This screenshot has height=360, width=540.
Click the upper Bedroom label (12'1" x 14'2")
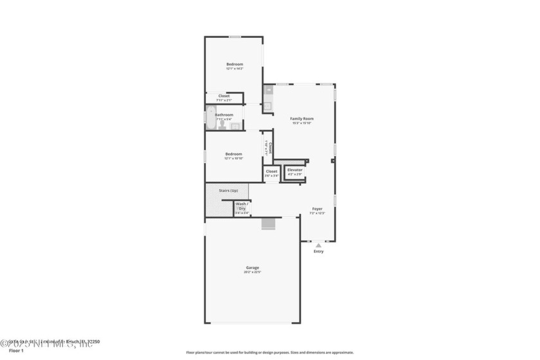click(x=234, y=64)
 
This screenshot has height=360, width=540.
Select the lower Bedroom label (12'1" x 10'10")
click(x=233, y=154)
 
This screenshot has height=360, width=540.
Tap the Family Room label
click(x=301, y=118)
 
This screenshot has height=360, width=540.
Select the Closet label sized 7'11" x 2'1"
click(x=224, y=96)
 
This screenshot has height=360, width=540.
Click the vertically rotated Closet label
click(x=271, y=148)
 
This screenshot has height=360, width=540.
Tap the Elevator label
click(x=294, y=170)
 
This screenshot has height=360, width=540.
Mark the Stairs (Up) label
click(x=228, y=190)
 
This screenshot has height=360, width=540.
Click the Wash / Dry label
click(x=242, y=206)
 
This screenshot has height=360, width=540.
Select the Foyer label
click(x=317, y=209)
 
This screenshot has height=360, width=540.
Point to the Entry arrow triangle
click(x=318, y=245)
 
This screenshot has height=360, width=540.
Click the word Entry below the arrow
click(x=318, y=251)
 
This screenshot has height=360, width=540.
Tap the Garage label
click(x=252, y=267)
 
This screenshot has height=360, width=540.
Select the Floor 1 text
click(x=16, y=351)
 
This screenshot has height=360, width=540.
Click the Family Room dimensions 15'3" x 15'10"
click(x=301, y=123)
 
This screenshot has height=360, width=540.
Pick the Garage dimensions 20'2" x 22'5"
click(x=252, y=272)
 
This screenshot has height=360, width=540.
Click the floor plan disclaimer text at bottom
click(x=269, y=352)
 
